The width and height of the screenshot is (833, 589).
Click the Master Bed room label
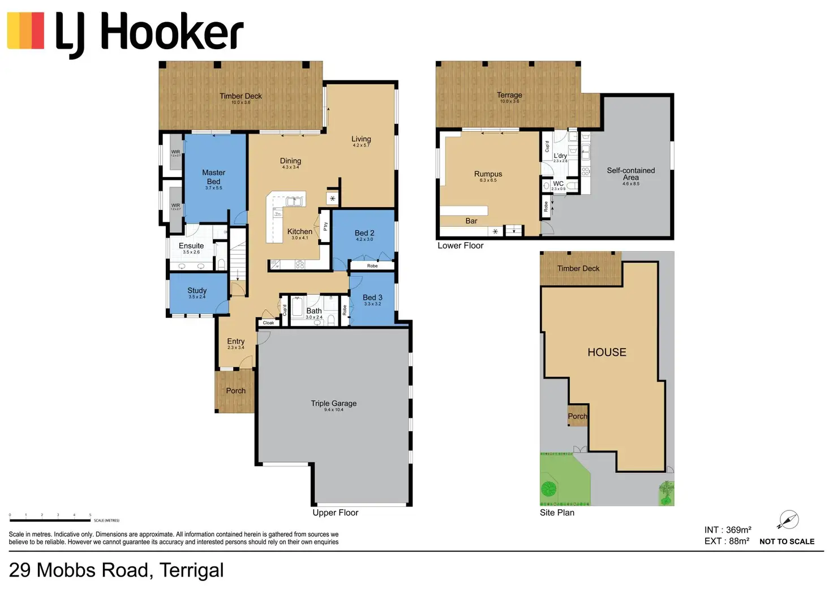click(x=213, y=177)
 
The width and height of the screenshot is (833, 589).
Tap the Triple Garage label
click(x=333, y=403)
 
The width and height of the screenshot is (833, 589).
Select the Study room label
click(x=197, y=290)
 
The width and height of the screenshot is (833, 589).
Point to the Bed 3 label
click(x=372, y=298)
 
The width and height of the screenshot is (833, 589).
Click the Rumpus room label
click(x=488, y=174)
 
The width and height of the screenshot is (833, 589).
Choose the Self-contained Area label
click(x=630, y=174)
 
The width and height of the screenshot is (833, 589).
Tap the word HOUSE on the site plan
click(x=607, y=352)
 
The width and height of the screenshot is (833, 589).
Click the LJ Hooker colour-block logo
click(x=25, y=31)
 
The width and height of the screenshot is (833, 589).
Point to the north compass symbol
click(x=788, y=519)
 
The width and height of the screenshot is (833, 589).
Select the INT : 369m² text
click(x=727, y=530)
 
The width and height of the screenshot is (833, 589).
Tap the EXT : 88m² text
click(x=727, y=541)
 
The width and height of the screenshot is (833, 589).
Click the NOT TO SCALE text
click(x=787, y=541)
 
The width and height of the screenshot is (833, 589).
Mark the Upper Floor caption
click(x=335, y=513)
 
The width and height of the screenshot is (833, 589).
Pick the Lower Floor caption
click(x=460, y=246)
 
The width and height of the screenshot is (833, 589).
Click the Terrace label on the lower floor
click(x=509, y=95)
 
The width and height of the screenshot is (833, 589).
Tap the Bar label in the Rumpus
click(x=471, y=221)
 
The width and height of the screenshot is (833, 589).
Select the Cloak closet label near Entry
click(x=268, y=323)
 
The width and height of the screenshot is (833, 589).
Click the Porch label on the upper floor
click(x=235, y=391)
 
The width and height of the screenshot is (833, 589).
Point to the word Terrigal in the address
click(x=191, y=570)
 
